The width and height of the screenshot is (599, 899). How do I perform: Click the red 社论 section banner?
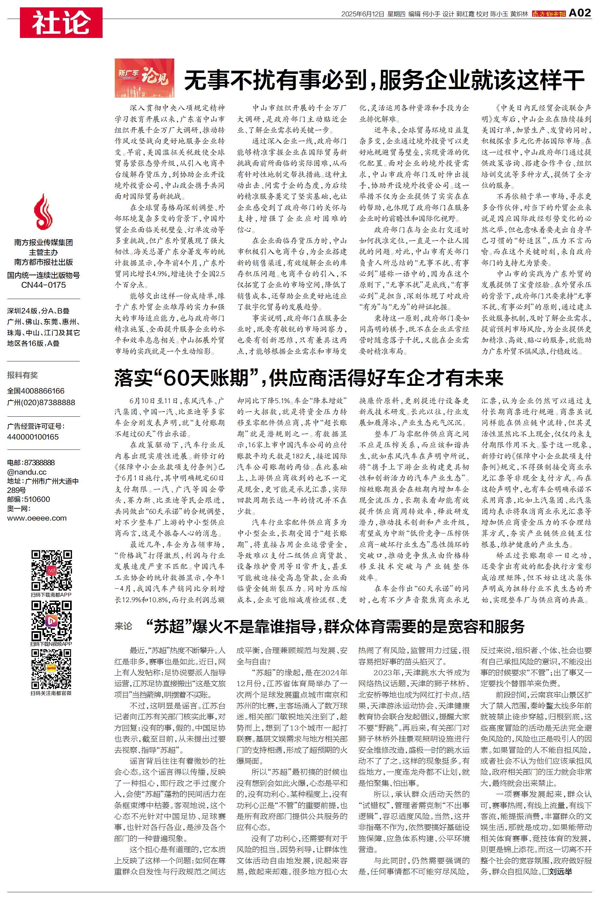pos(61,23)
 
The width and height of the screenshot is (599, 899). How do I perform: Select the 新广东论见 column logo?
pos(144,78)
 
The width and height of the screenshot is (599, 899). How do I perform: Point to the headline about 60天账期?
pos(308,378)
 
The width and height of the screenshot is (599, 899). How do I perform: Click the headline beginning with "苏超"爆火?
pos(335,627)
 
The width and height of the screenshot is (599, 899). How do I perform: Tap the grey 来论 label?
pos(123,626)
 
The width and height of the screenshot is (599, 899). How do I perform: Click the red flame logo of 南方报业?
pos(43,212)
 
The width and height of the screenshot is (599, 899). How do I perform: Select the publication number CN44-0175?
pos(43,285)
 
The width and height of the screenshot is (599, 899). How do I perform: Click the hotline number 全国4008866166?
pos(36,391)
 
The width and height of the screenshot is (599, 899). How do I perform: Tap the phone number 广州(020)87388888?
pos(41,403)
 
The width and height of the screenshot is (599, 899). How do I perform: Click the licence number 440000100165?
pos(33,437)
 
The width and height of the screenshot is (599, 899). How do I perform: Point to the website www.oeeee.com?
pos(37,518)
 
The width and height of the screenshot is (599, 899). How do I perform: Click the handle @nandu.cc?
pos(27,472)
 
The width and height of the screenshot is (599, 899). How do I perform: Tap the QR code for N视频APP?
pos(51,621)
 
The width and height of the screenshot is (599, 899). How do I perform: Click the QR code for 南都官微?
pos(51,669)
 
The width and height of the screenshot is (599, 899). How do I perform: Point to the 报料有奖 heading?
pos(23,375)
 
